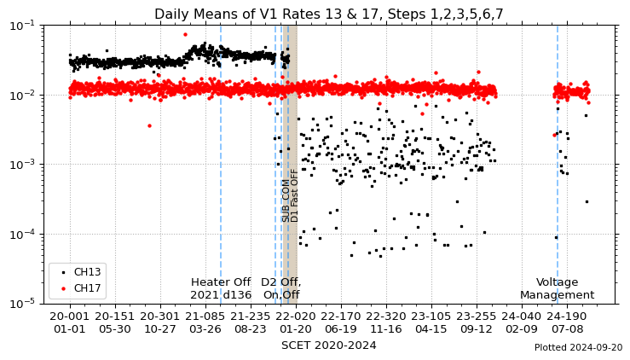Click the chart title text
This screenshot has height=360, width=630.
click(x=328, y=14)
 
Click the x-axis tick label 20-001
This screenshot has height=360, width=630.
click(x=70, y=316)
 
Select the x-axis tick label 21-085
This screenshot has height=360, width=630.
click(x=205, y=316)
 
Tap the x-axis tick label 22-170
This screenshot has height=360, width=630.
click(x=341, y=316)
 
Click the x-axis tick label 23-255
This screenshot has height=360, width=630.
click(x=477, y=316)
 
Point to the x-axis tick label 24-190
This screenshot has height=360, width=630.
click(x=567, y=316)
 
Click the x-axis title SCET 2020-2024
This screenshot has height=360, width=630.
click(x=328, y=345)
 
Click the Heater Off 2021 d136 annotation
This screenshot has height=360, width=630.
click(x=221, y=288)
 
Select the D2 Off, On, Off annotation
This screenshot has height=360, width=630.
click(x=280, y=288)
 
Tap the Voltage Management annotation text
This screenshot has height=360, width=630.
click(x=557, y=288)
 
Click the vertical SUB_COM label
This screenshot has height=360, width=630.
click(x=286, y=200)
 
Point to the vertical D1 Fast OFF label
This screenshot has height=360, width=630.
click(x=295, y=195)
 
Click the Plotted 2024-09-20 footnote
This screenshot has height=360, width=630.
click(x=578, y=348)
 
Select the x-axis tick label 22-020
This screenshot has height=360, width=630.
click(x=296, y=316)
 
